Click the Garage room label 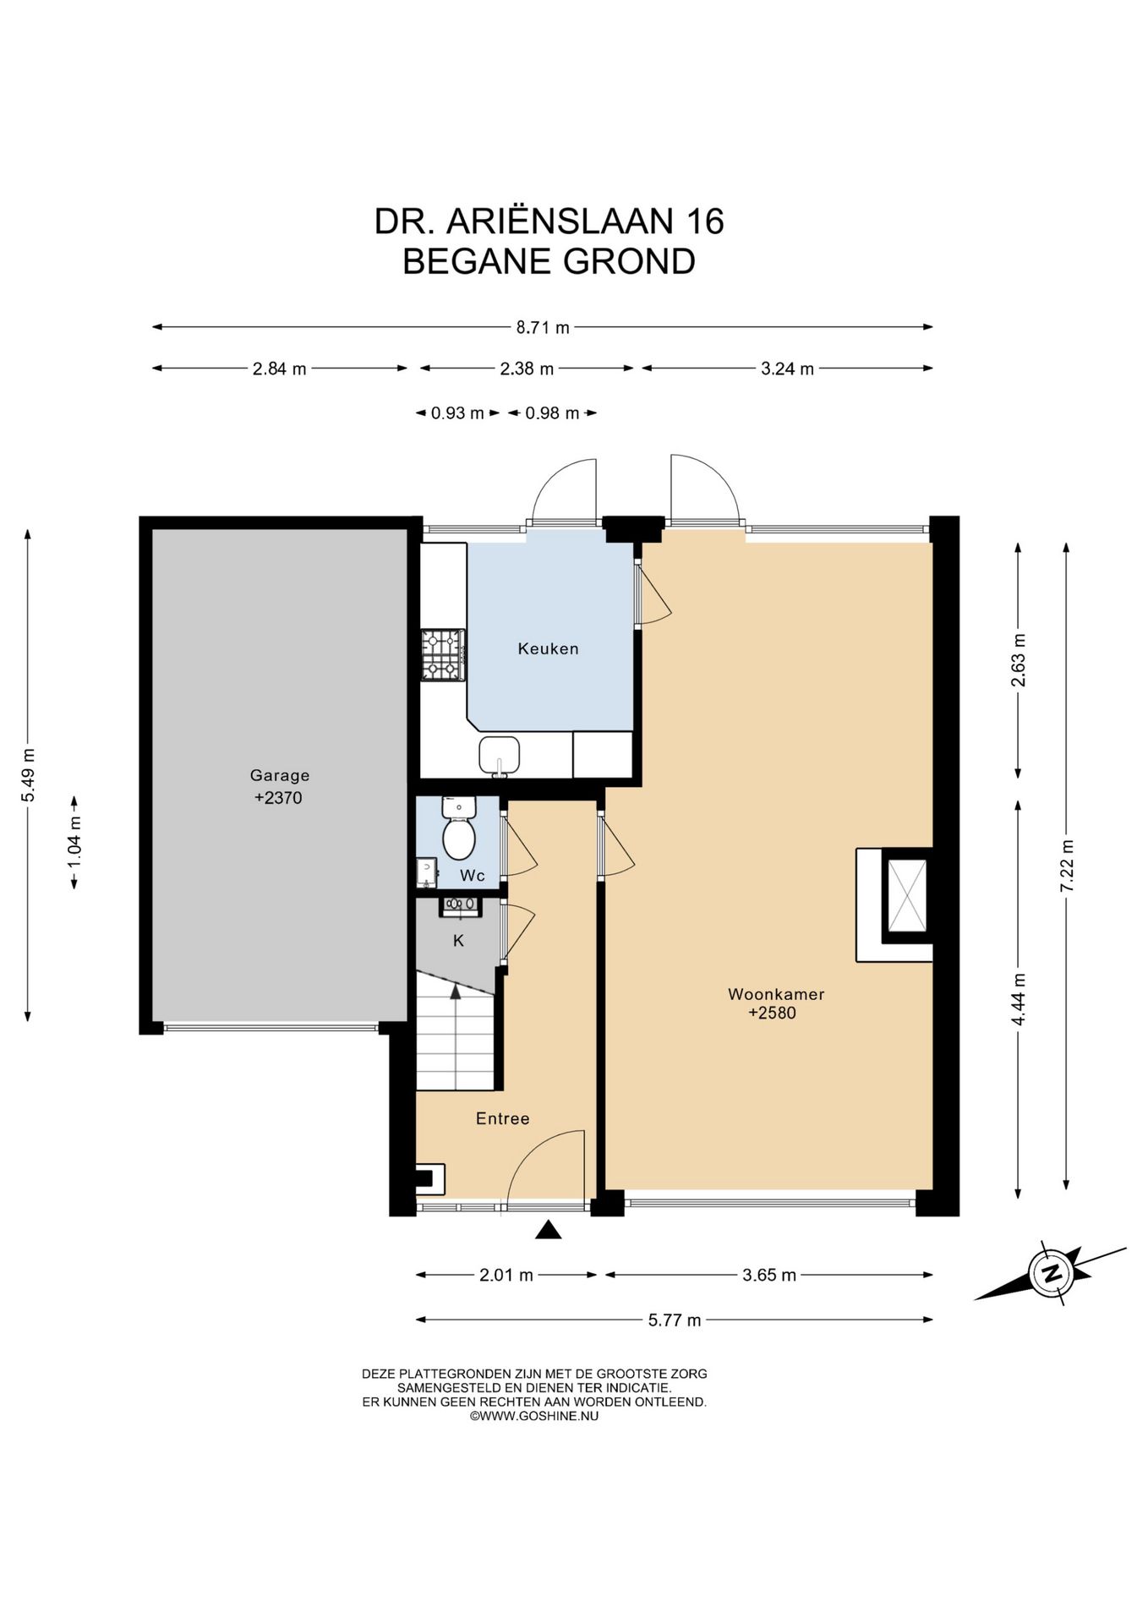tap(280, 775)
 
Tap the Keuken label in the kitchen tap(548, 649)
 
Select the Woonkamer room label tap(776, 994)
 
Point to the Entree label tap(503, 1118)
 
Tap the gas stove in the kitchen tap(443, 655)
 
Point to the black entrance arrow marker tap(549, 1230)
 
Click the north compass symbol tap(1051, 1272)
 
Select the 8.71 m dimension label tap(543, 327)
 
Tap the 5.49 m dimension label tap(29, 775)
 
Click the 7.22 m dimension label tap(1067, 865)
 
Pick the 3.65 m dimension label tap(769, 1275)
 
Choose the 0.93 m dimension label tap(457, 413)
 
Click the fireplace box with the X tap(905, 894)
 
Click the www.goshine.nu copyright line tap(534, 1416)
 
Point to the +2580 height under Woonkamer tap(772, 1013)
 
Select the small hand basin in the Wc tap(427, 872)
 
